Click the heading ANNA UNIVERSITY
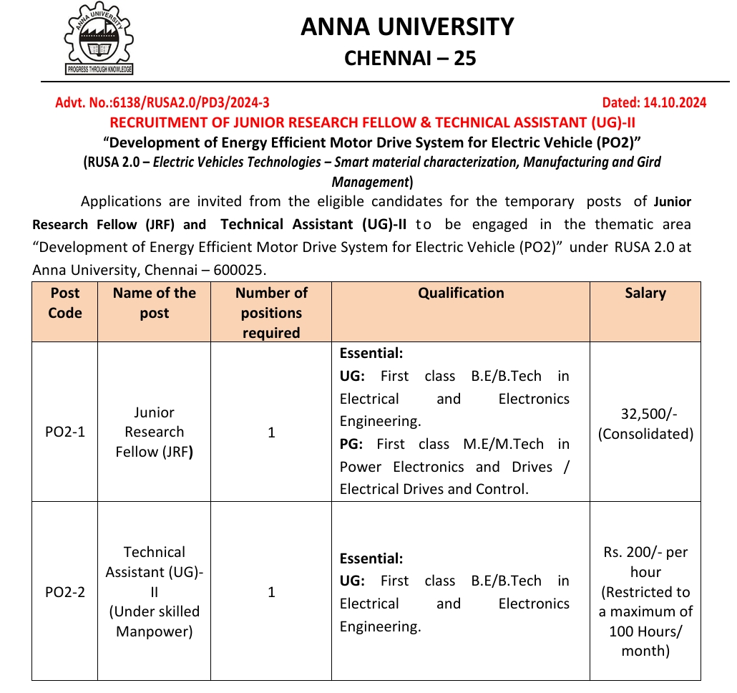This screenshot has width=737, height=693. click(407, 26)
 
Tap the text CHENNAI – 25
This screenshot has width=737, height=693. click(409, 58)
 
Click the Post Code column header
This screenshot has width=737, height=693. click(65, 303)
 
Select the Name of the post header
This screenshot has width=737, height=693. click(154, 303)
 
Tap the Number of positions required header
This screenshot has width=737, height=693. click(271, 313)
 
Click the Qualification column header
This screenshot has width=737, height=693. click(461, 293)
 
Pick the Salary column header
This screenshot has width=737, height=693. click(645, 293)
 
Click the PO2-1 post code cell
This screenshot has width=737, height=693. click(65, 432)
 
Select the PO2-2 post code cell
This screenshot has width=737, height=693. click(65, 592)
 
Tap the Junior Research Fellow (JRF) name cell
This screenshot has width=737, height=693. click(154, 432)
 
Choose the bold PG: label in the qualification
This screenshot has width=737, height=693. click(351, 444)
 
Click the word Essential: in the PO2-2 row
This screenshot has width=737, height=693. click(371, 558)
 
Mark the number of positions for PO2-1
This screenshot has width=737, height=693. click(271, 432)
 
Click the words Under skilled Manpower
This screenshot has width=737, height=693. click(154, 621)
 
